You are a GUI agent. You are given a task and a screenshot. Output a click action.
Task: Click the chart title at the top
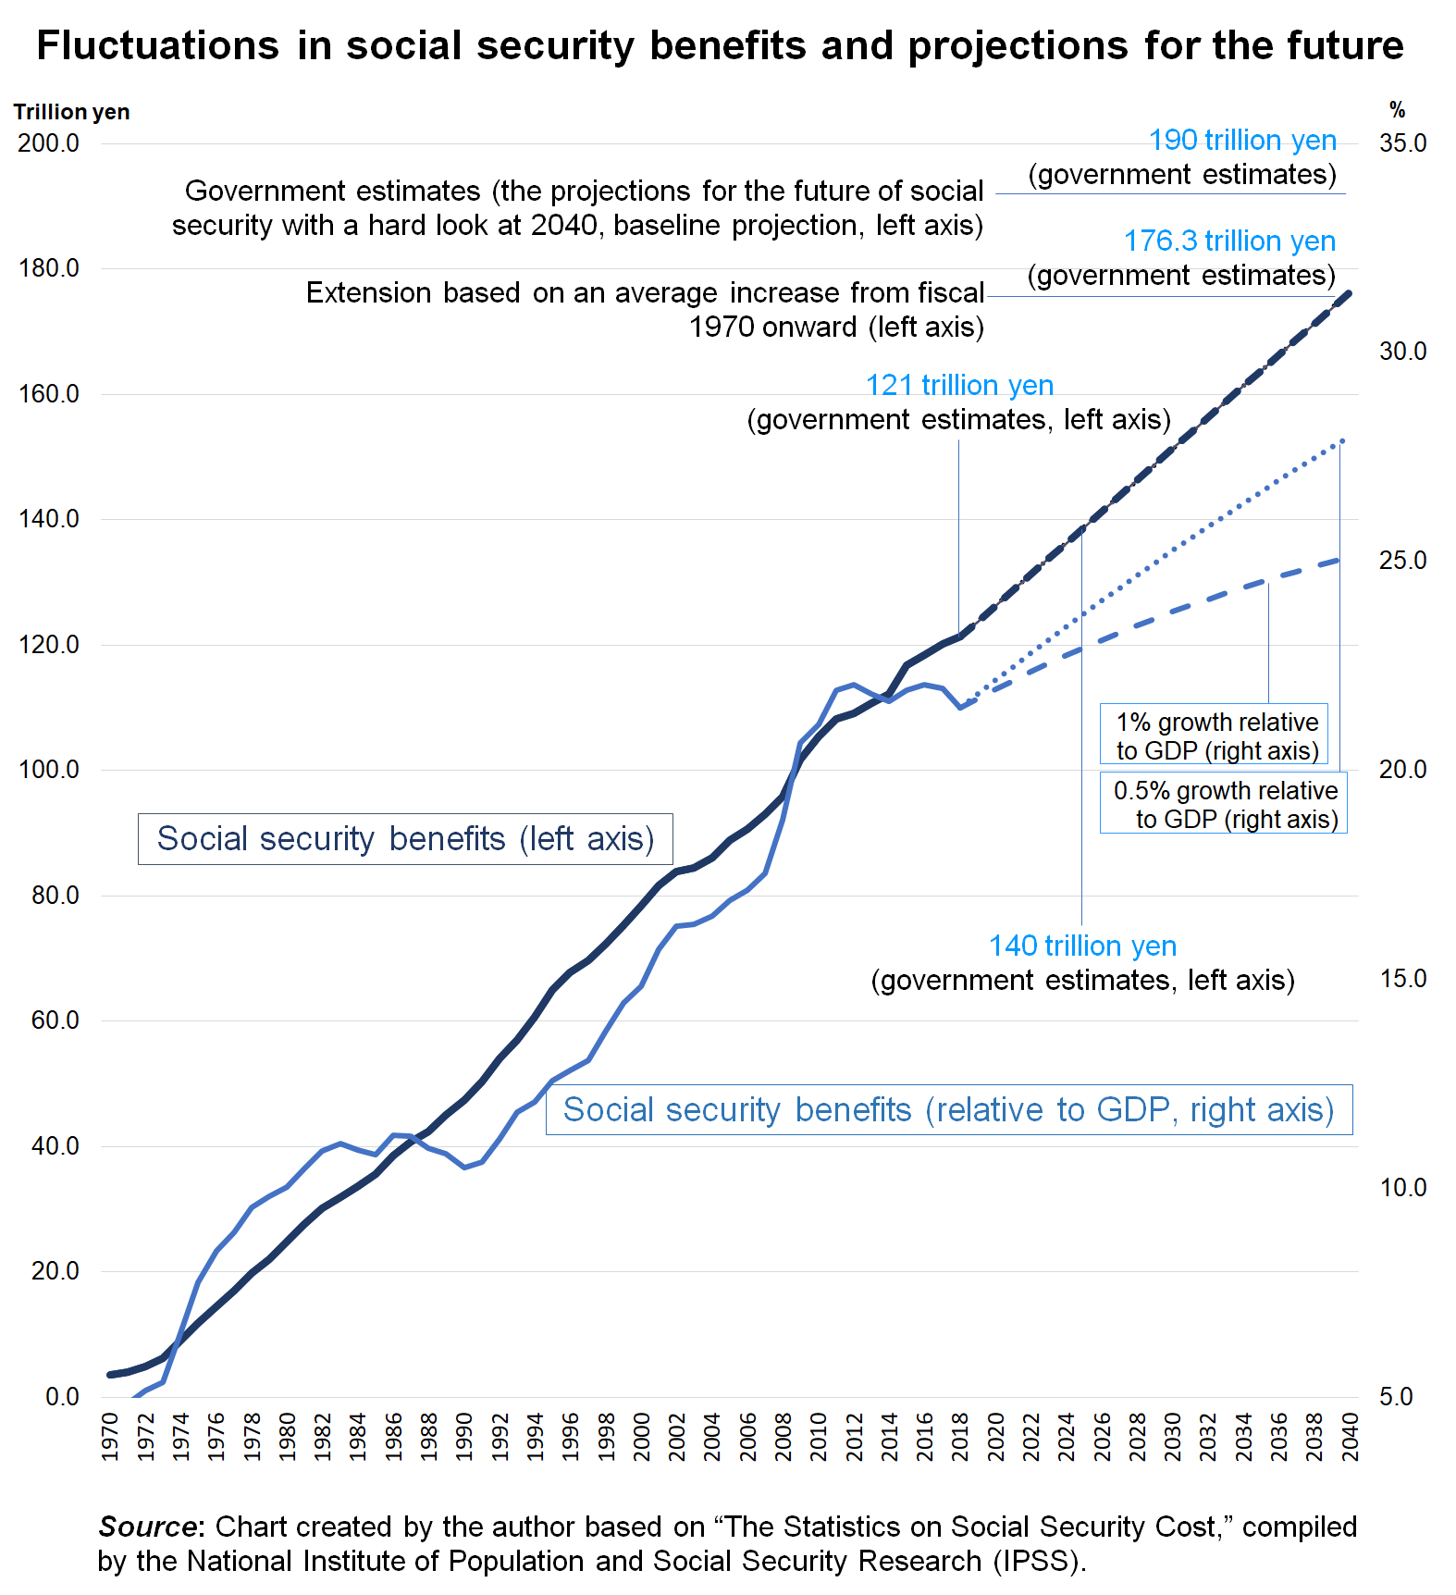[720, 45]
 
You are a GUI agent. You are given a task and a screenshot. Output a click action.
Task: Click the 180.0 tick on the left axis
[48, 268]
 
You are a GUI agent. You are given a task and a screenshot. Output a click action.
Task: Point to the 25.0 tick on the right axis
[1402, 561]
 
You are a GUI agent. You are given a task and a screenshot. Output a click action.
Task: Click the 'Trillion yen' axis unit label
[71, 112]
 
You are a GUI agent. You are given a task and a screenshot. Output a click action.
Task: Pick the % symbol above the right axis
[1397, 110]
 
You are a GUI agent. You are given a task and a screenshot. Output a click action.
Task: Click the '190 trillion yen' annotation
[1242, 140]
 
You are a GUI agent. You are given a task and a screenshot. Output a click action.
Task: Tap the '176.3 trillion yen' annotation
[1229, 241]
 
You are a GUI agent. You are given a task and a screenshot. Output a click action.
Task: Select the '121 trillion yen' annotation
[959, 385]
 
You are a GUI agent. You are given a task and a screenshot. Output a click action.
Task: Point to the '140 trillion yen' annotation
[1082, 946]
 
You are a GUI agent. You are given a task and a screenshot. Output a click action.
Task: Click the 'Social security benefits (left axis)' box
[405, 838]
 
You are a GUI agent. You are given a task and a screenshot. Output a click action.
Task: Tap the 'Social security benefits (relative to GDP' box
[948, 1109]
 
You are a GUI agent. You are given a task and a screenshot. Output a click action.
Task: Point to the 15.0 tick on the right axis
[1402, 979]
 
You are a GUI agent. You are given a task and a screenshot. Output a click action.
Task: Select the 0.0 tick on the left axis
[61, 1396]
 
